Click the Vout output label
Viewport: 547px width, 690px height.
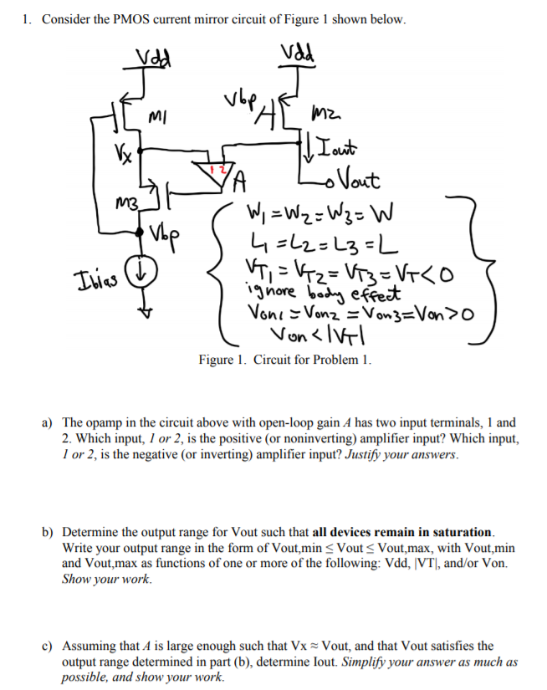point(352,179)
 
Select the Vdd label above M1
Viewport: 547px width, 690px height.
point(151,56)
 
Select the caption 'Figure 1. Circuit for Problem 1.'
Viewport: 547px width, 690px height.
point(285,360)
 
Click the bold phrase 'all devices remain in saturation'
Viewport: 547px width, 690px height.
point(402,532)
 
